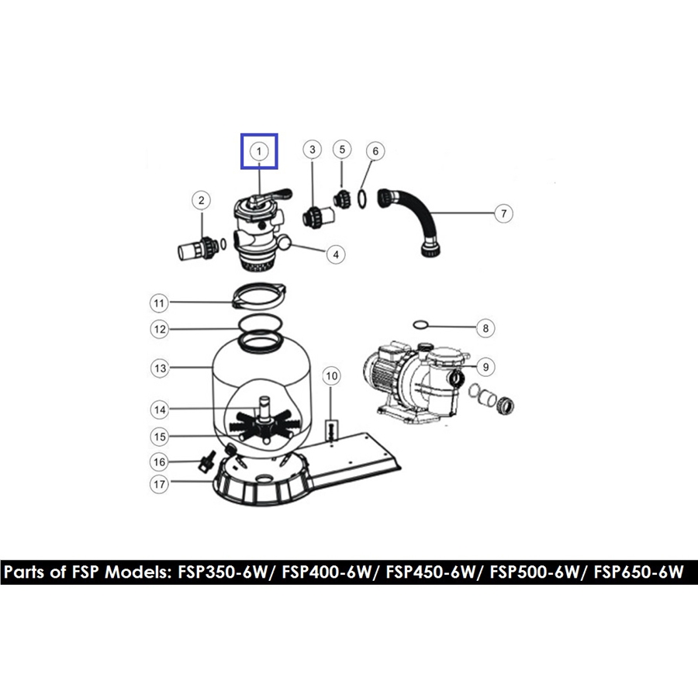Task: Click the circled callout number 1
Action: coord(259,151)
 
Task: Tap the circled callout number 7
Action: coord(503,213)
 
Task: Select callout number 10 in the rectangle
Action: coord(332,376)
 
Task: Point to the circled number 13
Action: coord(160,368)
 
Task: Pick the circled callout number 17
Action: coord(160,484)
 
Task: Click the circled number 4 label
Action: coord(336,254)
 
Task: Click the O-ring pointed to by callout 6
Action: coord(363,199)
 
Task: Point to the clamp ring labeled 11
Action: coord(260,295)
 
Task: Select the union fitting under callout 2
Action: coord(199,248)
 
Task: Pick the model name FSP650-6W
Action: coord(638,572)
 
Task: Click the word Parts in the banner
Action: coord(25,572)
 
